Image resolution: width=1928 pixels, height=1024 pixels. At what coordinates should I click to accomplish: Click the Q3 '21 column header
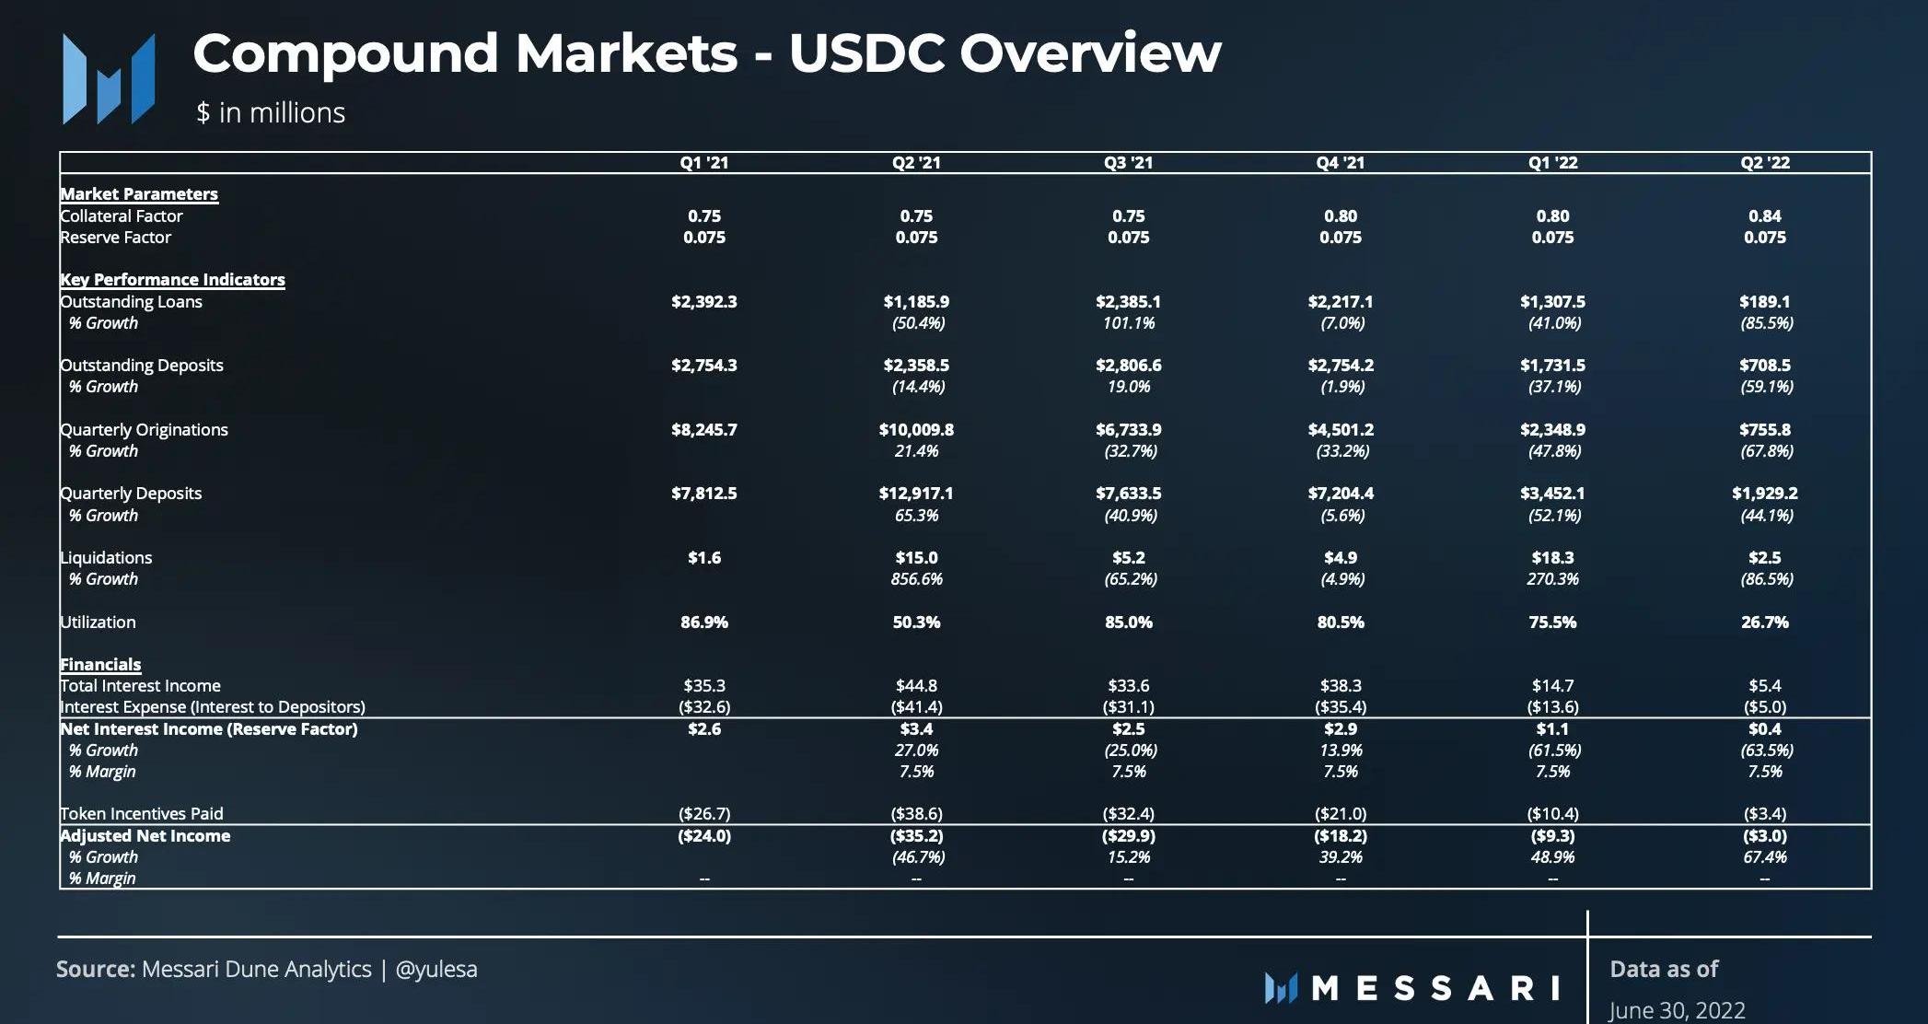point(1128,163)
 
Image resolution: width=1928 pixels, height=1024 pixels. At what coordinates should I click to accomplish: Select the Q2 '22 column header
point(1764,163)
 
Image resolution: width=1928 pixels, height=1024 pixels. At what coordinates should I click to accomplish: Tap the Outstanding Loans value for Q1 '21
point(703,302)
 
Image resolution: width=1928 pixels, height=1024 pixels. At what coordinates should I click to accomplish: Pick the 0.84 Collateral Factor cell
point(1764,216)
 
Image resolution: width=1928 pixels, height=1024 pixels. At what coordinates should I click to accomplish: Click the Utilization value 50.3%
point(916,623)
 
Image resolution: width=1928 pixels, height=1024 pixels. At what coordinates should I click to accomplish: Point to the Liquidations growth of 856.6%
point(916,579)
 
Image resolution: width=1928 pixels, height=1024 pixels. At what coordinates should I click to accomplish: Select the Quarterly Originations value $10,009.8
point(916,430)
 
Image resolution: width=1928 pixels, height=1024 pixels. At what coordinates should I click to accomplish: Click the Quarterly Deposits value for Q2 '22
point(1764,494)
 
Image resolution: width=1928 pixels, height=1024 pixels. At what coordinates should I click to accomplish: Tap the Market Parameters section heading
point(139,194)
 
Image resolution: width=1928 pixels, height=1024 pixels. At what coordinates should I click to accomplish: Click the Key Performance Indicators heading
point(172,280)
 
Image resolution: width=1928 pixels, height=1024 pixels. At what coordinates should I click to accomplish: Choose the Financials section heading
point(100,665)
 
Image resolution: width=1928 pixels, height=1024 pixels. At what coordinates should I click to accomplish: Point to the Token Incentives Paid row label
point(142,814)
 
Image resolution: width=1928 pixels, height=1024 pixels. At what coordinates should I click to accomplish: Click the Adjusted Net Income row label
point(145,836)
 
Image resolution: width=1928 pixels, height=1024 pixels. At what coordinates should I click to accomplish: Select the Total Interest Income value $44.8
point(916,686)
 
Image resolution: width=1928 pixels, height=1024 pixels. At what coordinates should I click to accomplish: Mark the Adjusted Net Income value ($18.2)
point(1340,836)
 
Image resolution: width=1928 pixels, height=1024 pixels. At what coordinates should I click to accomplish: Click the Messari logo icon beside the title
point(109,79)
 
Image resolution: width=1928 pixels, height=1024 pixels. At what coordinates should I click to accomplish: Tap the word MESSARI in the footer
point(1434,988)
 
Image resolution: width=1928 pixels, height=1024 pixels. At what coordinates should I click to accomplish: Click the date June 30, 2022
point(1677,1010)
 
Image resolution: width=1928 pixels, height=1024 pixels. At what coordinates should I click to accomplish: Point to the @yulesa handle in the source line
point(436,970)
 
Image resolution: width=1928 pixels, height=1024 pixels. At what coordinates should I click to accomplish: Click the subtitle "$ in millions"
point(271,113)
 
